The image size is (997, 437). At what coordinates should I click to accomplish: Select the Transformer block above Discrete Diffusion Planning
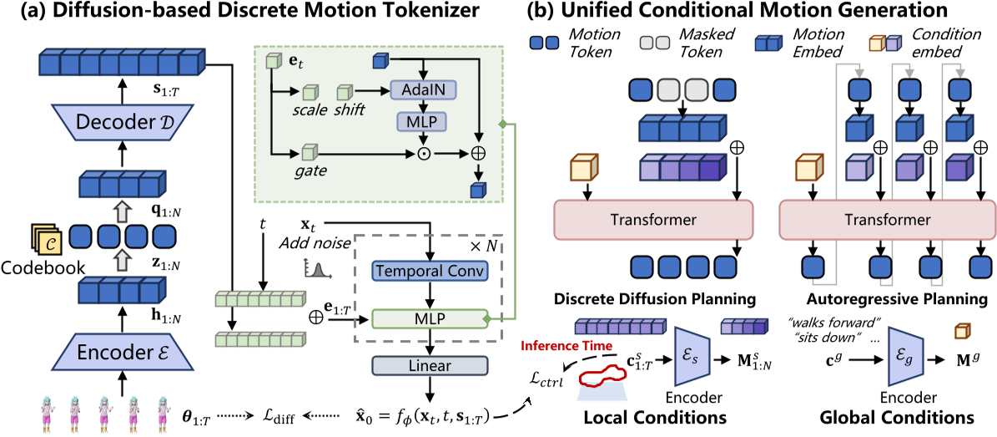point(653,220)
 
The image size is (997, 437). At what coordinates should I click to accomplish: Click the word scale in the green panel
point(310,111)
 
